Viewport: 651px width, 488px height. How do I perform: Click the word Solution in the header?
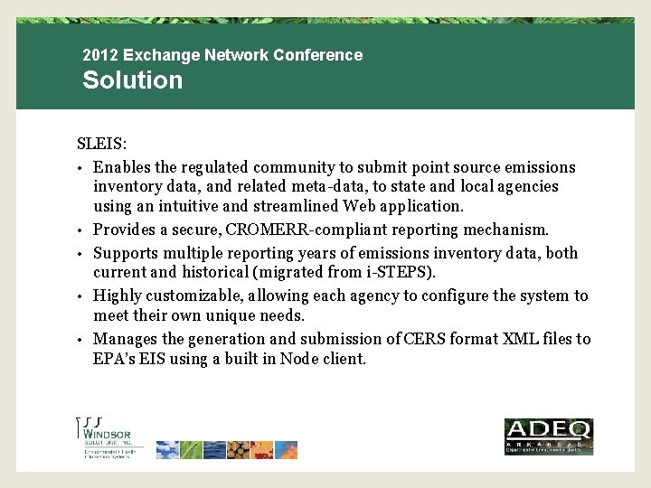point(132,80)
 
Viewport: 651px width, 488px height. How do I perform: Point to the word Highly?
point(115,296)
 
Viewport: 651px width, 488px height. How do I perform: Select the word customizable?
point(193,296)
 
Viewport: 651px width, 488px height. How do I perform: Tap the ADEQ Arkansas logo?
point(547,436)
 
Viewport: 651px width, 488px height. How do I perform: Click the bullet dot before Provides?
point(80,230)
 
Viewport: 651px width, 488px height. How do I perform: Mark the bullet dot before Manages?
point(80,340)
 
